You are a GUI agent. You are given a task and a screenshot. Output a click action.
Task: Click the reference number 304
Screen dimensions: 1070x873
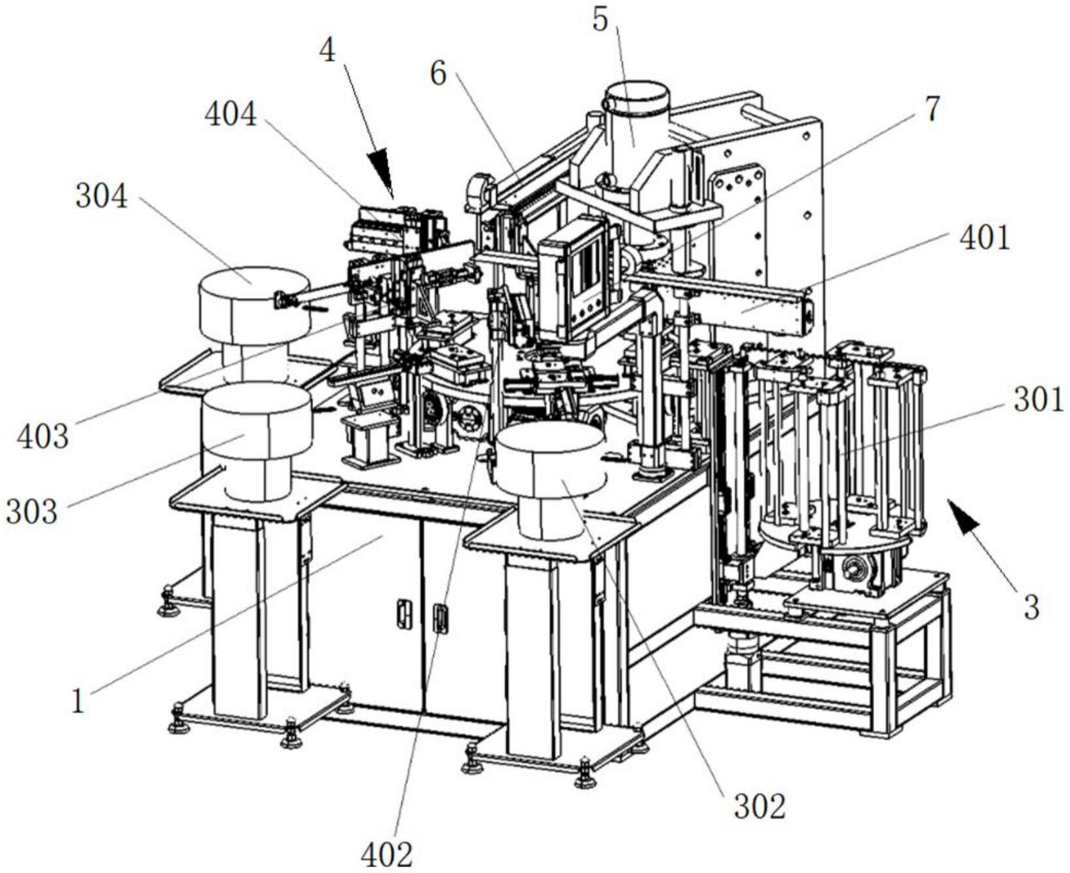coord(101,196)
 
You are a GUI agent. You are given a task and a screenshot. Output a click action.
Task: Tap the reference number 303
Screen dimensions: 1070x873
coord(32,511)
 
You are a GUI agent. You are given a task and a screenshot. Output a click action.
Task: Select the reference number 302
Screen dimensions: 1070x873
coord(760,807)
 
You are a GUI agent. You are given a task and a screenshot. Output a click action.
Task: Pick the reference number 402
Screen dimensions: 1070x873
coord(387,855)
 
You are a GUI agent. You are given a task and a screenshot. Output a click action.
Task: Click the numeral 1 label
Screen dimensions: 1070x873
coord(78,703)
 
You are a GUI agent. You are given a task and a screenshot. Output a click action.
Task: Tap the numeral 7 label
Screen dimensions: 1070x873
coord(931,109)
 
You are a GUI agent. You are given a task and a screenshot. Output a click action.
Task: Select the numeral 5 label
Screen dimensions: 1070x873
coord(600,20)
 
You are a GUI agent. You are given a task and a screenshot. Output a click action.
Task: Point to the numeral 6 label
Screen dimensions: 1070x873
coord(438,74)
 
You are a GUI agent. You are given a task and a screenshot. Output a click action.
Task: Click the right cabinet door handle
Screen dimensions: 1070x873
coord(442,619)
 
